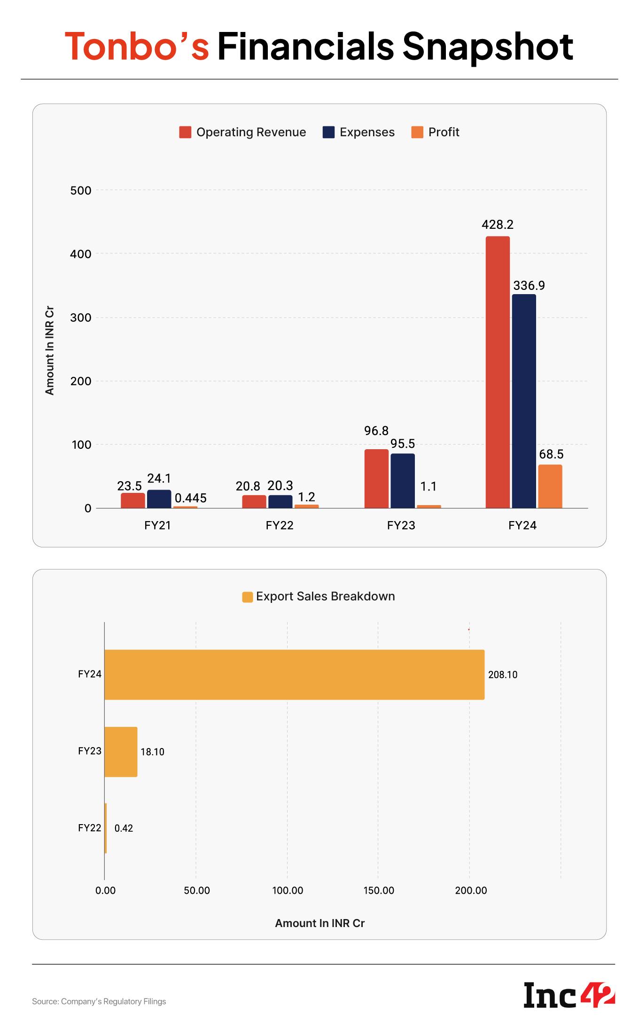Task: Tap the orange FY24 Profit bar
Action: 550,486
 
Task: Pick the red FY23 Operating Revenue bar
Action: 376,478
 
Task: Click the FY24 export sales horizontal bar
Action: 294,674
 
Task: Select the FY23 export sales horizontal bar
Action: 121,751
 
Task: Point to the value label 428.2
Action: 497,225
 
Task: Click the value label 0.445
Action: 190,498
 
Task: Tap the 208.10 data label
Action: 502,675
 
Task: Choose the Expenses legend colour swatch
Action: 328,132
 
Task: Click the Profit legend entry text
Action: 444,132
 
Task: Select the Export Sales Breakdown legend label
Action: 325,596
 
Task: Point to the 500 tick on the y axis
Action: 81,190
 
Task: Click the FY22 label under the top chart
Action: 279,525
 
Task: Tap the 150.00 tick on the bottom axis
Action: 379,890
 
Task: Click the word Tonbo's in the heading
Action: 137,47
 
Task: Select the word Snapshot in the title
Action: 487,47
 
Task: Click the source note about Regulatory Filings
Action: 99,1001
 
